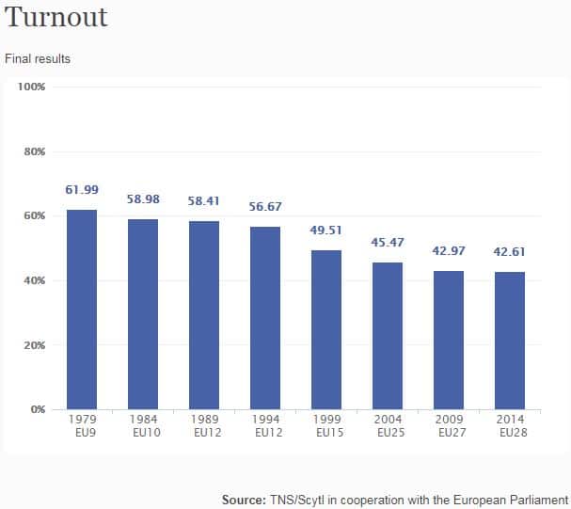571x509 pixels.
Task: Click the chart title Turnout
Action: pos(57,18)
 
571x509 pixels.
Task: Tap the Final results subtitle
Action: pos(38,58)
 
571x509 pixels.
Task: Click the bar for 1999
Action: pos(326,329)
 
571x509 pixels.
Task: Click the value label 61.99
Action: pos(82,190)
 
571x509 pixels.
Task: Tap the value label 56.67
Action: pos(265,207)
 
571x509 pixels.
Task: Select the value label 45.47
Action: pos(388,244)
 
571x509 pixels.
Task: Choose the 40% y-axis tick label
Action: pos(35,280)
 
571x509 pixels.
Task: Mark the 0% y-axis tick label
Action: pos(38,409)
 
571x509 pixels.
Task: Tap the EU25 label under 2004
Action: pos(388,433)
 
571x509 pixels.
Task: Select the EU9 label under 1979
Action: pos(82,433)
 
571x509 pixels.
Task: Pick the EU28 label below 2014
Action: pos(510,433)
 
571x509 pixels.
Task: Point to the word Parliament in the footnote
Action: pos(538,500)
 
